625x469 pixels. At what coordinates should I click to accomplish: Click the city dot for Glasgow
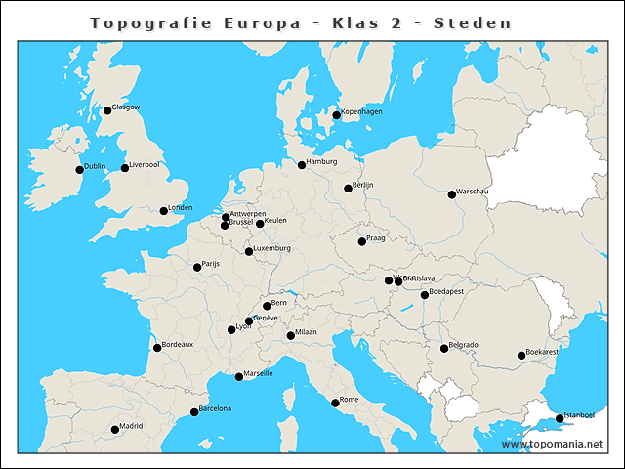pyautogui.click(x=107, y=110)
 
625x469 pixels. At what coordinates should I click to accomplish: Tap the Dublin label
pyautogui.click(x=95, y=167)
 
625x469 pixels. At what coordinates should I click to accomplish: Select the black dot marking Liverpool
pyautogui.click(x=124, y=167)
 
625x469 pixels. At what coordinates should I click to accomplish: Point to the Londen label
pyautogui.click(x=181, y=207)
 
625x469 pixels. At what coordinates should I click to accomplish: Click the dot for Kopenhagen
pyautogui.click(x=336, y=115)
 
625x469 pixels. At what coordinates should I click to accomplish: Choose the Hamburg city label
pyautogui.click(x=321, y=161)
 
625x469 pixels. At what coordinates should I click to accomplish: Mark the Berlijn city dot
pyautogui.click(x=348, y=188)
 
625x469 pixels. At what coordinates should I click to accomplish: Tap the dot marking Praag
pyautogui.click(x=361, y=241)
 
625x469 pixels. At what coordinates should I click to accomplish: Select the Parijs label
pyautogui.click(x=211, y=264)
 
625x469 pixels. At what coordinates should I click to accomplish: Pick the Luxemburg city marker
pyautogui.click(x=248, y=252)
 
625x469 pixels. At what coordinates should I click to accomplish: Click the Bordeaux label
pyautogui.click(x=178, y=344)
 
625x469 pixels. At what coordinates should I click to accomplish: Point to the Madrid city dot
pyautogui.click(x=114, y=429)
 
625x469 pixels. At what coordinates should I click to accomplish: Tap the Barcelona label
pyautogui.click(x=215, y=408)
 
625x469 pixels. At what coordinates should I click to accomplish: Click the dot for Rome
pyautogui.click(x=335, y=403)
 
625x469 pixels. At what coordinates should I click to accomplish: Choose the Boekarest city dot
pyautogui.click(x=521, y=356)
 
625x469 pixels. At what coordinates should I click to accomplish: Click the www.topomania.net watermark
pyautogui.click(x=553, y=445)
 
